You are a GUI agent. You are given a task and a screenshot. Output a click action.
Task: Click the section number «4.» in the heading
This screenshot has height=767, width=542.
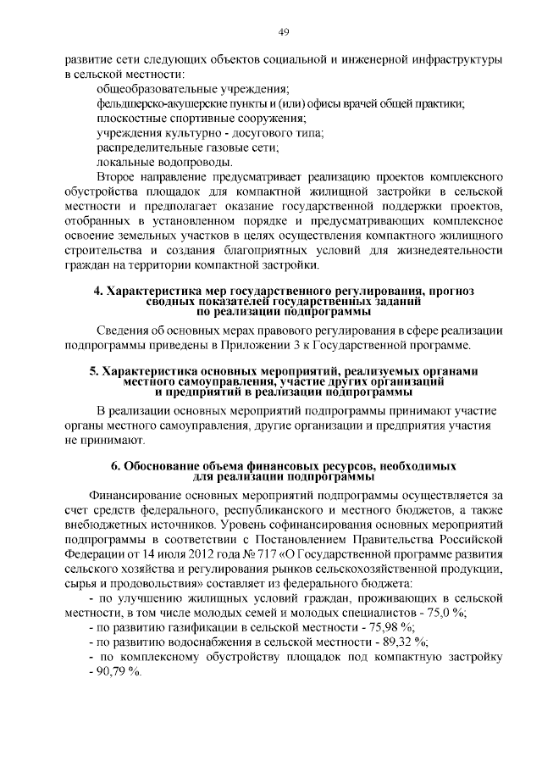click(x=98, y=292)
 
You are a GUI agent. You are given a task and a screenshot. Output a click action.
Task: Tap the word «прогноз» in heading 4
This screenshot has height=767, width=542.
click(x=445, y=292)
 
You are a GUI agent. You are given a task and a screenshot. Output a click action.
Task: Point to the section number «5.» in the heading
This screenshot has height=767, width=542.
click(x=94, y=371)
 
